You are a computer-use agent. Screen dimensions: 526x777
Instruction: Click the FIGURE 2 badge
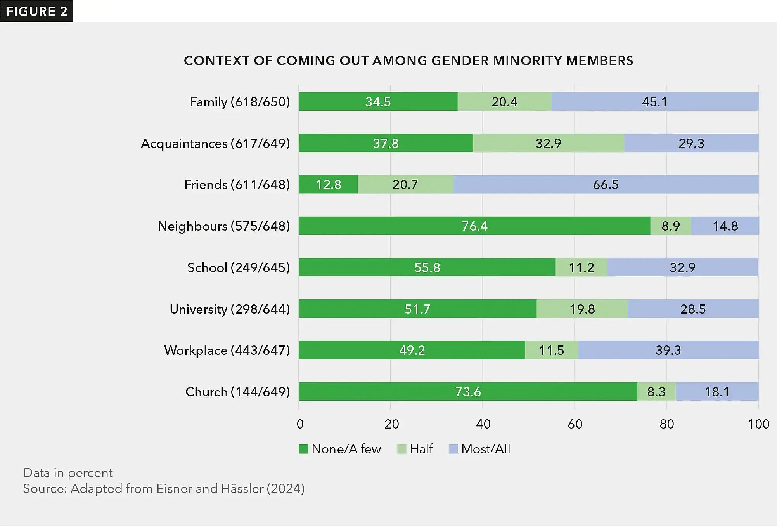36,11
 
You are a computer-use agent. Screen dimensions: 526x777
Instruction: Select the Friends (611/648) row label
237,185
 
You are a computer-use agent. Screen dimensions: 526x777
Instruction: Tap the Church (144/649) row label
237,392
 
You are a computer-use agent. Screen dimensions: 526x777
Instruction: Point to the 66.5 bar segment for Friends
605,185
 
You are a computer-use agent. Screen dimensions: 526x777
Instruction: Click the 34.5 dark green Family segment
378,102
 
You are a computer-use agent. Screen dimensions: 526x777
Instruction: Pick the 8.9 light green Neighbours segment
671,226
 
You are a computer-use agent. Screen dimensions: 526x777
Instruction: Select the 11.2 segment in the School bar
581,268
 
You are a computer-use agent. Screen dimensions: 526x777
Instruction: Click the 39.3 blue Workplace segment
668,351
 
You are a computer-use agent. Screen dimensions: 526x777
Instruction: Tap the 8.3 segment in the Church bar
656,392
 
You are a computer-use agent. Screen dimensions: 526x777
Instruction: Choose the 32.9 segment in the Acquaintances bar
548,144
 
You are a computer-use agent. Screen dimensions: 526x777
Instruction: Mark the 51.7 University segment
417,309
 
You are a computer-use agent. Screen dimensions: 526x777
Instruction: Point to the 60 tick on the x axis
575,424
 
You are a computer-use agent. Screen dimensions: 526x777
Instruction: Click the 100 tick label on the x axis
758,424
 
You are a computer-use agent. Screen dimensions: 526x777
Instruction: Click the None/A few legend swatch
303,450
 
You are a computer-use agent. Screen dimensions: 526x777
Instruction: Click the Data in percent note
68,473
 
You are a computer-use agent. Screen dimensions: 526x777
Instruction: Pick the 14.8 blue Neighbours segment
725,226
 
